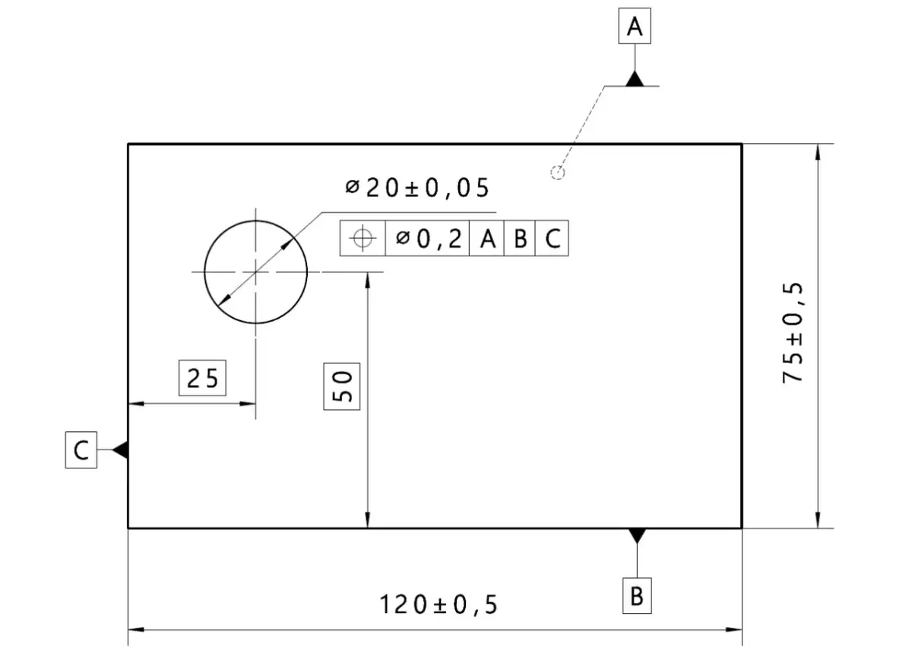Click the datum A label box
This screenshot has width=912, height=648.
[635, 28]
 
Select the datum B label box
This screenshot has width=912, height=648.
[637, 596]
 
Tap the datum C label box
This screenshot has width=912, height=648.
[81, 450]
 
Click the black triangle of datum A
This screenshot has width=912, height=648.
[635, 79]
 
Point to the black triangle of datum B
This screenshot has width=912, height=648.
[637, 535]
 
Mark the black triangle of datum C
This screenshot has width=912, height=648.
[120, 450]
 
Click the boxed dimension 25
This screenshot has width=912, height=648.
[202, 377]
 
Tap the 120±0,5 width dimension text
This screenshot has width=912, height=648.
[439, 605]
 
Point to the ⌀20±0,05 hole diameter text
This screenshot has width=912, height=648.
[417, 188]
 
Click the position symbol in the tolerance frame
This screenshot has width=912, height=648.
[363, 239]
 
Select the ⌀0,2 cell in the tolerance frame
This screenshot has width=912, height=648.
[428, 239]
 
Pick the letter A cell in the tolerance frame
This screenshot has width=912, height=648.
[487, 239]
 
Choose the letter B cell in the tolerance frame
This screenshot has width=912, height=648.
[520, 239]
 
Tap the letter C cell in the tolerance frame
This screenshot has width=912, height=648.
[553, 239]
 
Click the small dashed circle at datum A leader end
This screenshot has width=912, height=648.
[557, 173]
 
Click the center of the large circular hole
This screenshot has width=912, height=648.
[256, 272]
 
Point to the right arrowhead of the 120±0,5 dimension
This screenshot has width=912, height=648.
[735, 630]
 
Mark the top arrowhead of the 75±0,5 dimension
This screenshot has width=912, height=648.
[817, 151]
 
